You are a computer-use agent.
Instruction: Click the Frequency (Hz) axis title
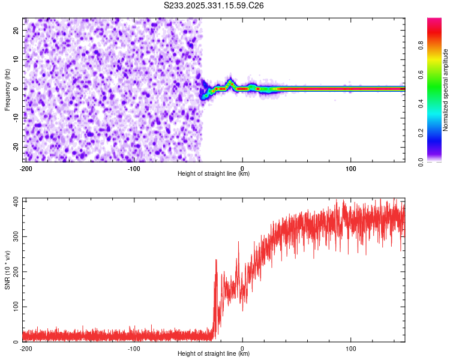[7, 89]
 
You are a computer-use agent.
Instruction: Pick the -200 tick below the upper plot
[26, 168]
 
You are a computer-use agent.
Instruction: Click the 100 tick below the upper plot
[351, 168]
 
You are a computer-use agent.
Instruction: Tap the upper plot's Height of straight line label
[214, 174]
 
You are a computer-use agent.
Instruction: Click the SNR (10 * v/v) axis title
[7, 271]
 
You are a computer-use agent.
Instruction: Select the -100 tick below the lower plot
[134, 348]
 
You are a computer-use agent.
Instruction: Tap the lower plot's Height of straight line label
[214, 354]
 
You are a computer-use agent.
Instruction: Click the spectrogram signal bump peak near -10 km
[230, 81]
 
